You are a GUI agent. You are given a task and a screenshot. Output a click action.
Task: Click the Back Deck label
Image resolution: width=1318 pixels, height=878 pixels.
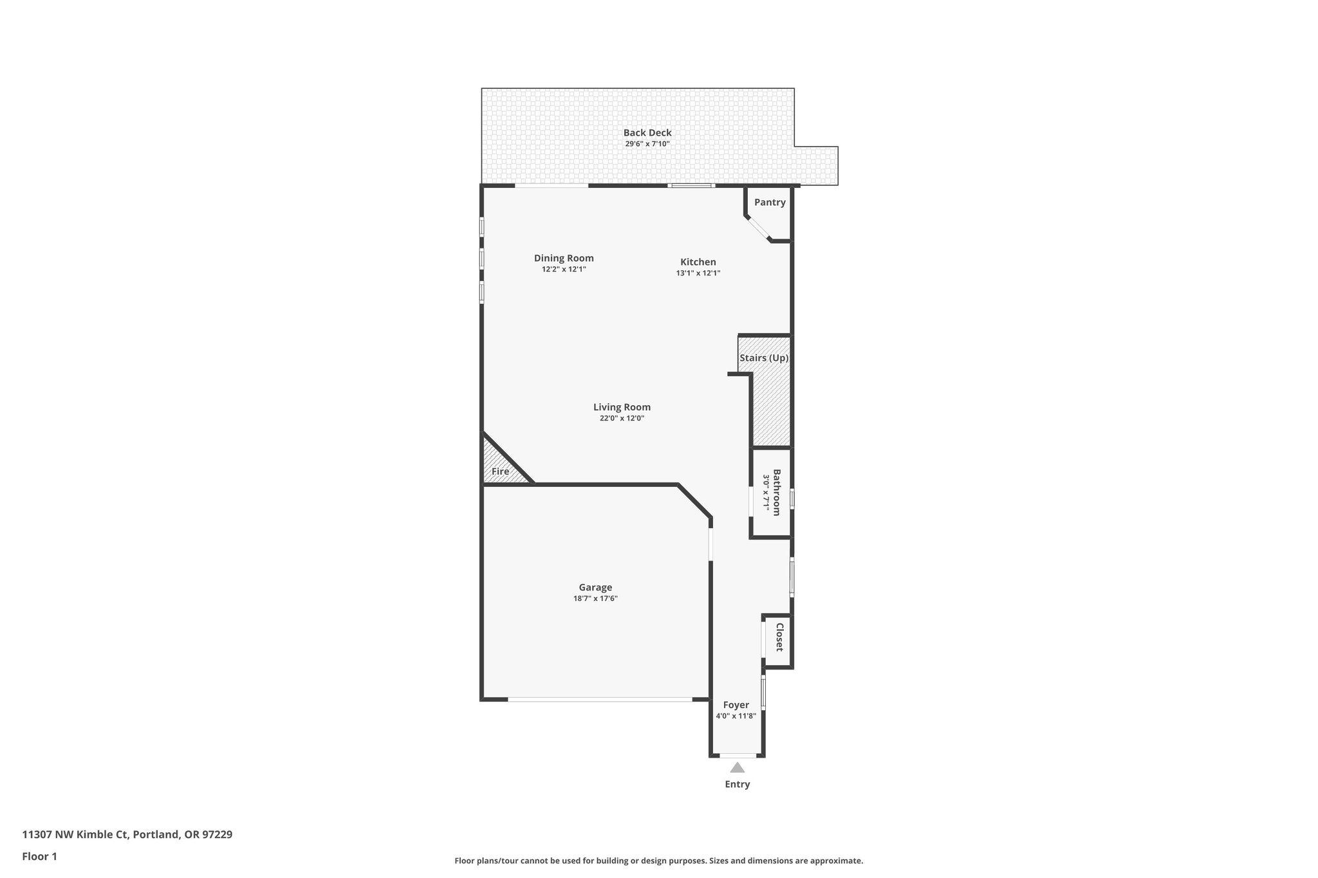[x=647, y=133]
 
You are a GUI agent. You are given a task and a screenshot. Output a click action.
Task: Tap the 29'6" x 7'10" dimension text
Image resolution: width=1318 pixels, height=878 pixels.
[x=647, y=144]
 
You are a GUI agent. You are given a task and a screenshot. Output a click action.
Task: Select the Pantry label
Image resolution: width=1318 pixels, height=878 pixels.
[x=770, y=202]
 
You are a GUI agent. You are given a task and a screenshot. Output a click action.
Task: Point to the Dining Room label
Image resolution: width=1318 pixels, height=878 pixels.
[x=564, y=258]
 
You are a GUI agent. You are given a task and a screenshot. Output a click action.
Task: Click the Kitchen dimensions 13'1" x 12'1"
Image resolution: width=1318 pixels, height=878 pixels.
[x=698, y=273]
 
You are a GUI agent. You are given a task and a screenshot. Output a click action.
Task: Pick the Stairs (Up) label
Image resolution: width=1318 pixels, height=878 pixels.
[x=764, y=358]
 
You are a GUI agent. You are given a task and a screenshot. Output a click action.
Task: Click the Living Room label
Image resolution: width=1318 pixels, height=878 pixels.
[x=622, y=407]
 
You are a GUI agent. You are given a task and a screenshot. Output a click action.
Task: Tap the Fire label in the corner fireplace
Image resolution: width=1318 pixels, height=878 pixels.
[x=500, y=471]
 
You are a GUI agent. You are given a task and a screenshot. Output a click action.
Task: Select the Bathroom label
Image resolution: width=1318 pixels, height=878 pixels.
[x=776, y=492]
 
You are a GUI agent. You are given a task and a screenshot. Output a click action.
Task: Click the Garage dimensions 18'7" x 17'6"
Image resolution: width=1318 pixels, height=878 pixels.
[x=595, y=598]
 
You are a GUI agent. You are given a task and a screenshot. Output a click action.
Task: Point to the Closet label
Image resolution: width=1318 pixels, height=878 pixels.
[x=779, y=637]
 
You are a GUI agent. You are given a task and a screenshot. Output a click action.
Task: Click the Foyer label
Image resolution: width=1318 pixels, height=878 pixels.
[x=736, y=704]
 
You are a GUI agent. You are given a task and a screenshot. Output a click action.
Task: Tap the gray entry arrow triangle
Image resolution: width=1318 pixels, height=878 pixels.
[x=738, y=767]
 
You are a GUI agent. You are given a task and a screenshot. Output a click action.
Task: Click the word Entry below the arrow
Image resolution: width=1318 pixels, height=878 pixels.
[x=738, y=784]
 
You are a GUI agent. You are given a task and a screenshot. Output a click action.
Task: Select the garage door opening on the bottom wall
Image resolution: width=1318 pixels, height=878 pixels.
[x=599, y=699]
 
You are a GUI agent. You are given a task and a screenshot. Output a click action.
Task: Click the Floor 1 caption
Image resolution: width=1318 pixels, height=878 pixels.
[x=39, y=856]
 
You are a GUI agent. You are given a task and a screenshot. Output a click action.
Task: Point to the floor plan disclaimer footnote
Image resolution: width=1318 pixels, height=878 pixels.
[x=658, y=861]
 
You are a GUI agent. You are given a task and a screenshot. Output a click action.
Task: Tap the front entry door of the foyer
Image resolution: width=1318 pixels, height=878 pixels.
[x=738, y=755]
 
